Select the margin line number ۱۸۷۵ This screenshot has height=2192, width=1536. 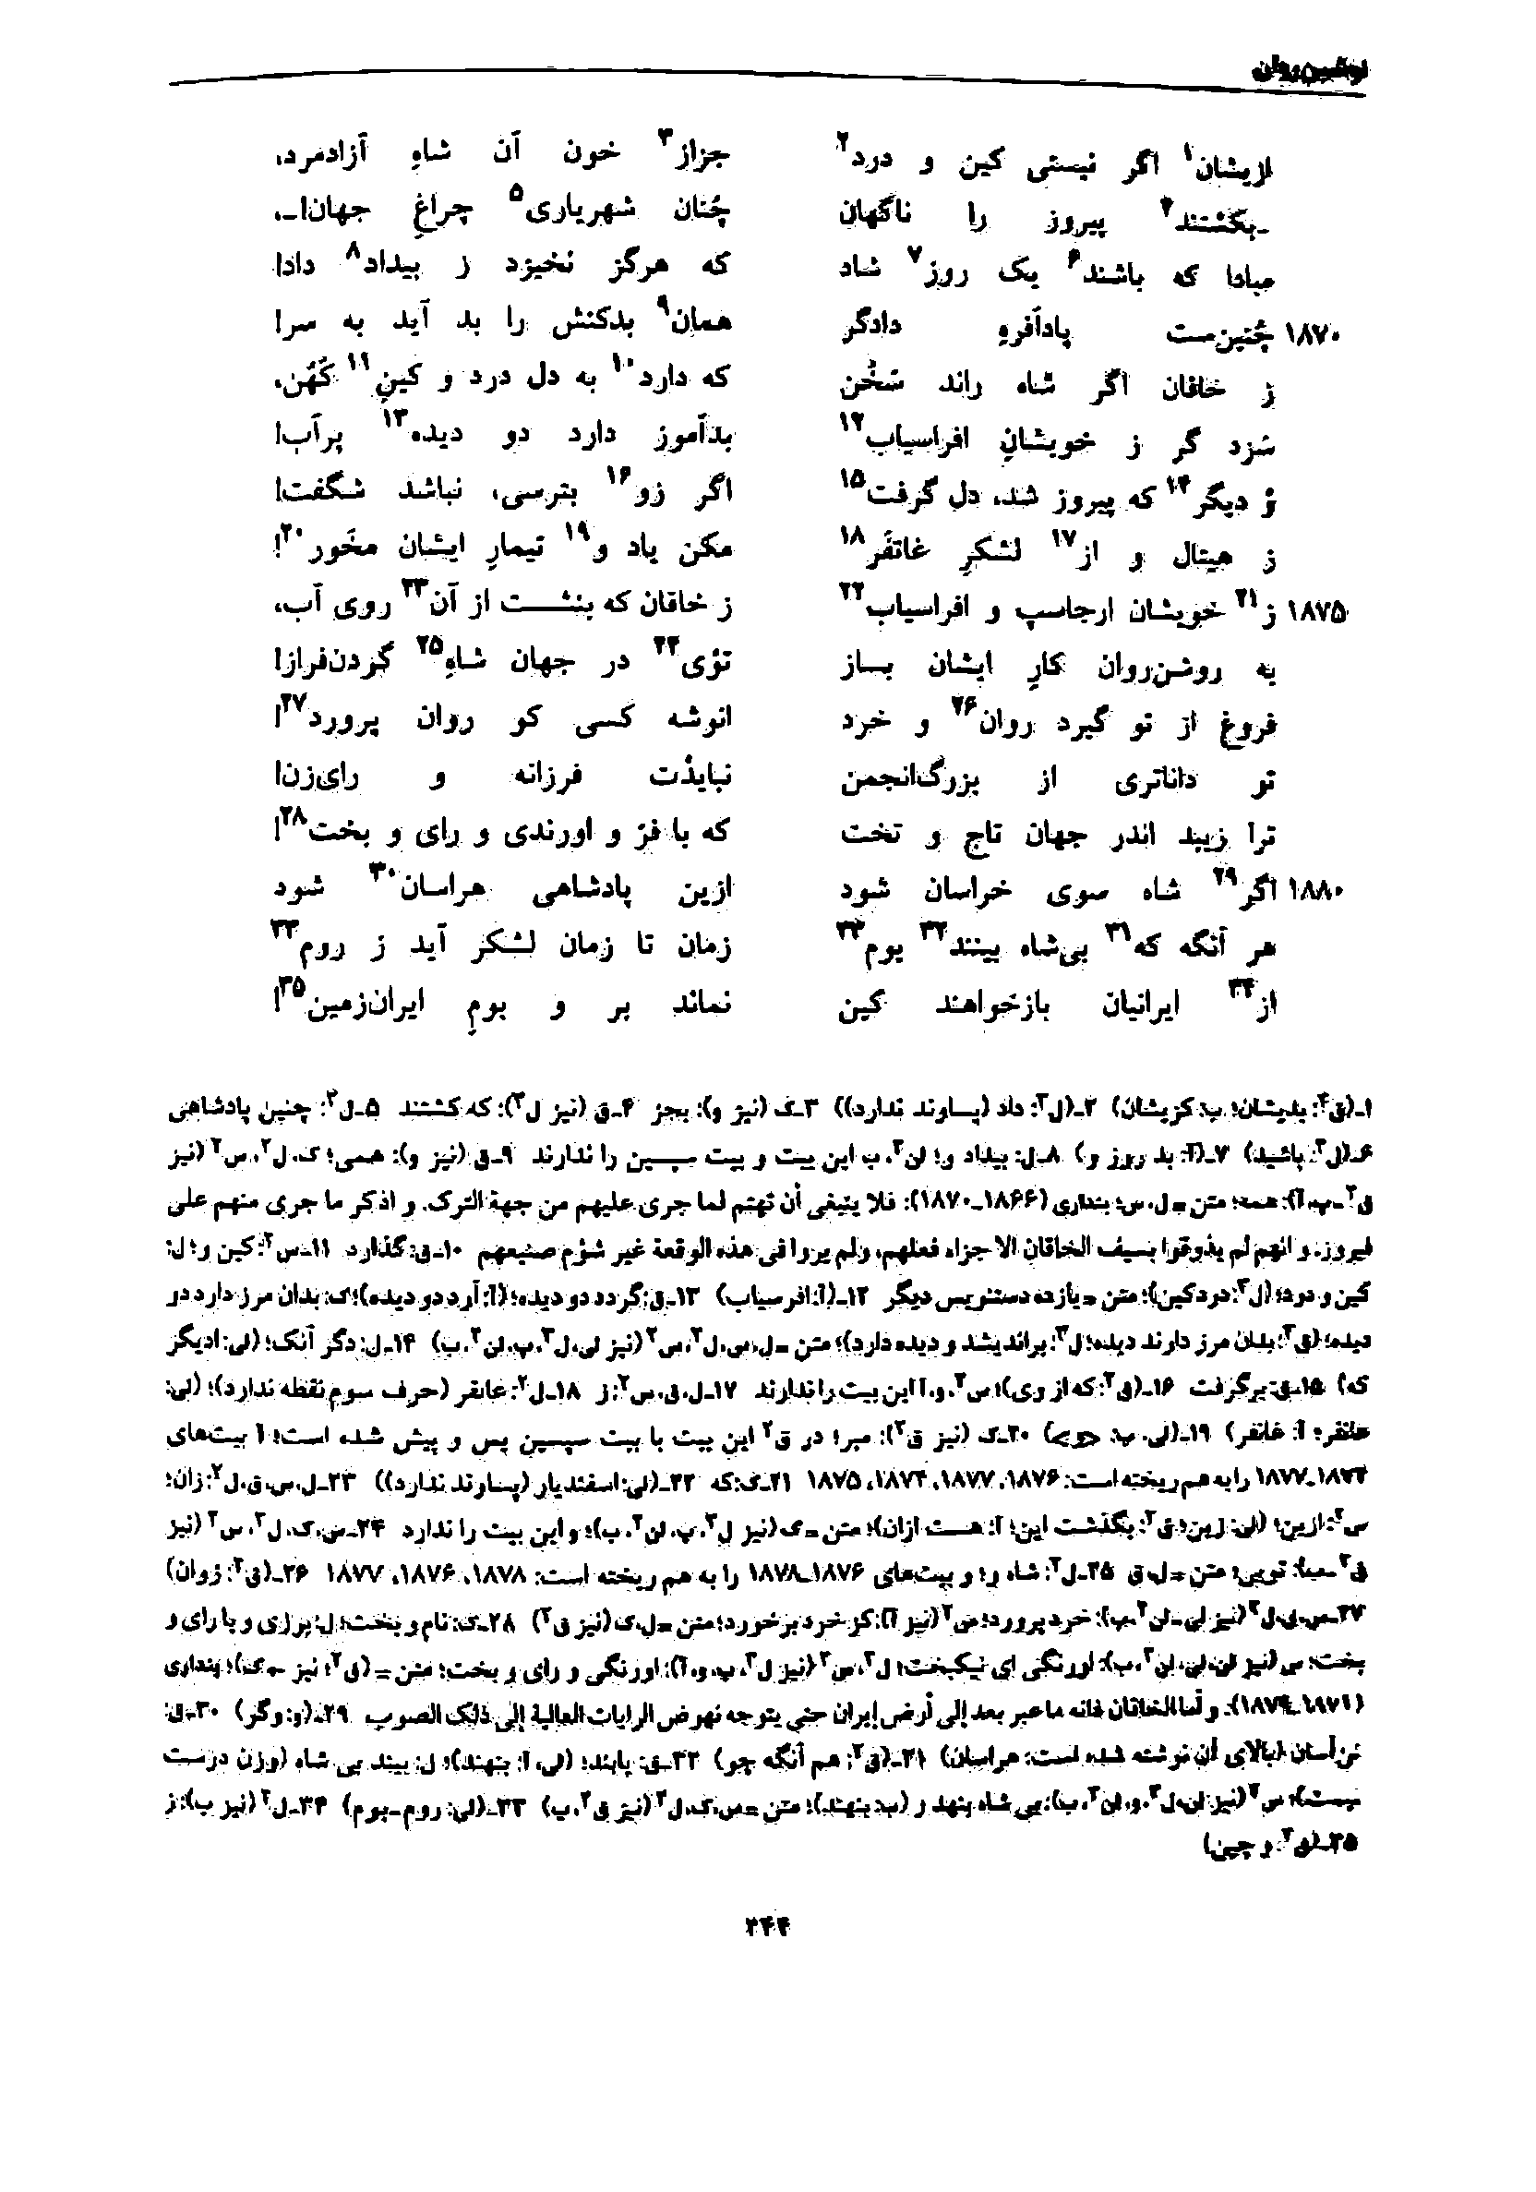(x=1316, y=612)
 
